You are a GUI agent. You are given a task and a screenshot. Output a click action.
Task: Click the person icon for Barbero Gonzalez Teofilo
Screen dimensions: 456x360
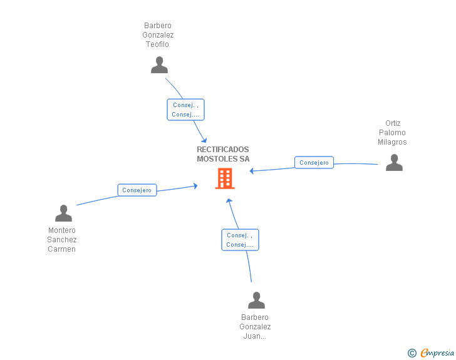159,65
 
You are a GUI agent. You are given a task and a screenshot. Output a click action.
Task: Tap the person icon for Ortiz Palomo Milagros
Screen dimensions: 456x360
394,163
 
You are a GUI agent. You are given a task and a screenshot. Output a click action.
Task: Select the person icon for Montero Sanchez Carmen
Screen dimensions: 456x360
63,213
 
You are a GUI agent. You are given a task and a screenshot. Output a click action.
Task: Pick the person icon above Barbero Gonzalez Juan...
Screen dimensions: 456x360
256,300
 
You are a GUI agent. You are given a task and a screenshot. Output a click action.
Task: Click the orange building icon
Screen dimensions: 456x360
225,178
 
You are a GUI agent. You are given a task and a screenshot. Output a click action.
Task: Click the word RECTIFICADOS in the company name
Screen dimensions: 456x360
223,150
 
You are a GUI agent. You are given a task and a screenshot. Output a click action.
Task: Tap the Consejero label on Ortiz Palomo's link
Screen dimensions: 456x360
314,163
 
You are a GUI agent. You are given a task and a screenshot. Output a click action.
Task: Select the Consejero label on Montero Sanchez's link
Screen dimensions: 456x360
137,190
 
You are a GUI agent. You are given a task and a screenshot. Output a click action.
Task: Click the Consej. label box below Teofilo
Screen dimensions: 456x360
185,110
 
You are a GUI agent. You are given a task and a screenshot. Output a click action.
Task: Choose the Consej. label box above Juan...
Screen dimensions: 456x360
241,240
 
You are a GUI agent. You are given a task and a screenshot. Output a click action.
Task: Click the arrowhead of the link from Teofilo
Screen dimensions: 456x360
204,140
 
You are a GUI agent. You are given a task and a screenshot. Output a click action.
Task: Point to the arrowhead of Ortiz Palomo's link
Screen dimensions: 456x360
252,171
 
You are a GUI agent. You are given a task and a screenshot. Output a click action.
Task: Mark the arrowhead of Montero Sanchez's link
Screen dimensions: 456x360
195,186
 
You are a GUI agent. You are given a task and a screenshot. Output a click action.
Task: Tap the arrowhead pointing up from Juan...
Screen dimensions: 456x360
229,201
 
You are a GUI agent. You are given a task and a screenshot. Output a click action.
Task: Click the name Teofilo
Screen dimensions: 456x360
157,44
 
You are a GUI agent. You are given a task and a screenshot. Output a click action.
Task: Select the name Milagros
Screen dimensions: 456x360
392,142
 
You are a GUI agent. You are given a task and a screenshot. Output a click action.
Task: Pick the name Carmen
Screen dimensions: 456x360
61,249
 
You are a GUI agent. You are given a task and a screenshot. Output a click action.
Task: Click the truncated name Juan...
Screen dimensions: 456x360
255,336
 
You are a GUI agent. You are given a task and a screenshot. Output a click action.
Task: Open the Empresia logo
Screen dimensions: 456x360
431,352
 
